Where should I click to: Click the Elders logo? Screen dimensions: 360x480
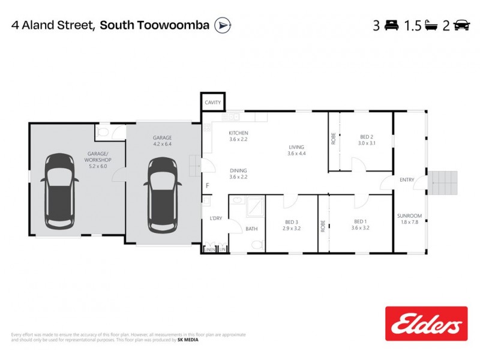(426, 325)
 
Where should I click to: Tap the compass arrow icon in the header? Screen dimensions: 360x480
(223, 25)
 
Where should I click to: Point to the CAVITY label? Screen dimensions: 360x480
(213, 103)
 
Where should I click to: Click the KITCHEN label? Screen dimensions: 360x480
(238, 133)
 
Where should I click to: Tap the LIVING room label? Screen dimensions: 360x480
(296, 147)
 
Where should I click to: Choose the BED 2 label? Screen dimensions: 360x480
(367, 137)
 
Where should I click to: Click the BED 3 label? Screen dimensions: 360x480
(293, 221)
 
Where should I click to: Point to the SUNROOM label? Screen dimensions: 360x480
(410, 216)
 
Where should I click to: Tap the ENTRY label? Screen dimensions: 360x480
(407, 180)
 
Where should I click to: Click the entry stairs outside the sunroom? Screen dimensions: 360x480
(444, 182)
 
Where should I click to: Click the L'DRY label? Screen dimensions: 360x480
(215, 218)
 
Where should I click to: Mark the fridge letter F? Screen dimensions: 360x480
(207, 185)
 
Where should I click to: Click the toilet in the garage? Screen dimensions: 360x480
(103, 131)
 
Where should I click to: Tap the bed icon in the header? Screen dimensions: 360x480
(392, 25)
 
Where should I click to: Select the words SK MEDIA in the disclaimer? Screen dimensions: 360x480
(187, 340)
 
